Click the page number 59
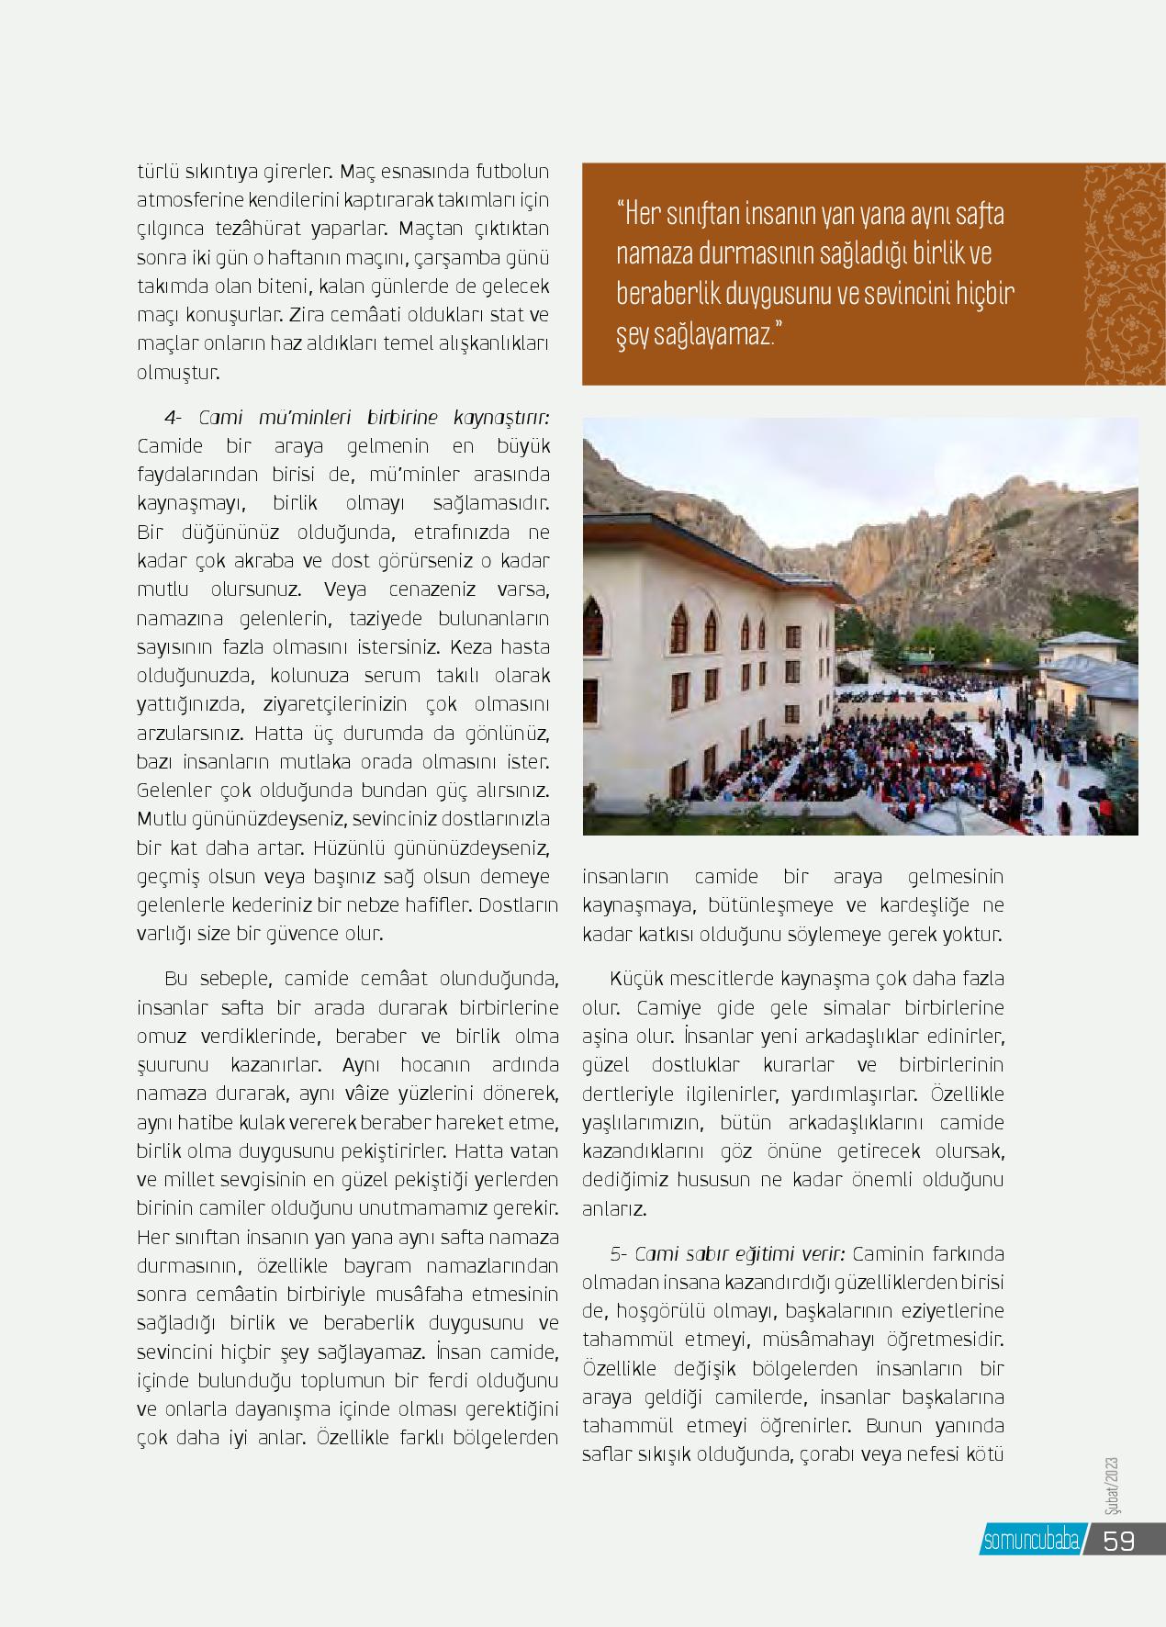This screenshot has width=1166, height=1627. click(x=1118, y=1540)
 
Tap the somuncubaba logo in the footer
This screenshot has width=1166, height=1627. click(x=1030, y=1541)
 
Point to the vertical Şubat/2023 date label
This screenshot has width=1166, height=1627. click(x=1112, y=1486)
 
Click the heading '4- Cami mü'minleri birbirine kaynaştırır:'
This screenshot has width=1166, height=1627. click(x=356, y=418)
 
